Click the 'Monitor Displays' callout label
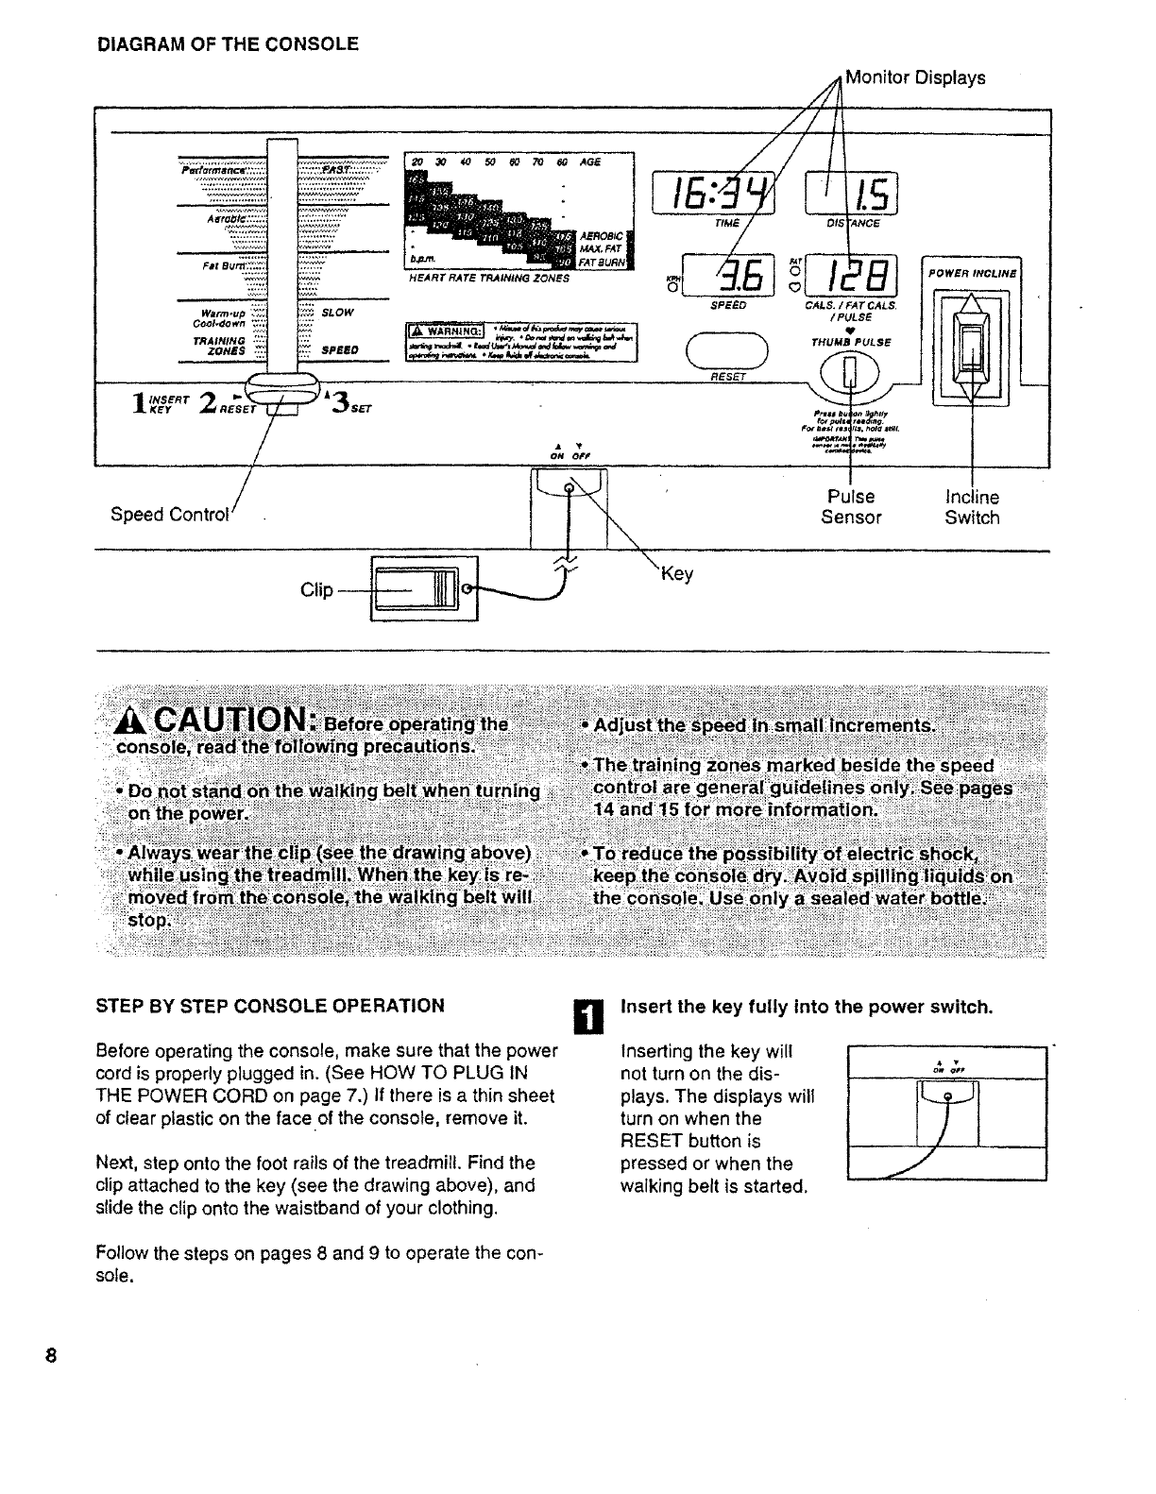pos(914,77)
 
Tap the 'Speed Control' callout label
pos(170,515)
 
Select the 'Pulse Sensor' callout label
pos(851,507)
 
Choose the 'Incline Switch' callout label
pos(972,507)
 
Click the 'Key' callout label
pos(676,574)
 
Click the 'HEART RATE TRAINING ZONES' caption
pos(488,280)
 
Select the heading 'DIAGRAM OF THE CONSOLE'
pos(228,43)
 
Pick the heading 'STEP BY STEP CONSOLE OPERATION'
pos(270,1006)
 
